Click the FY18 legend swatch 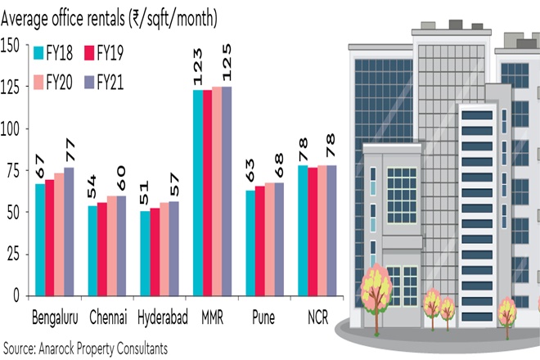click(38, 54)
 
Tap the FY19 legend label click(110, 54)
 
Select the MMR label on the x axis click(211, 317)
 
